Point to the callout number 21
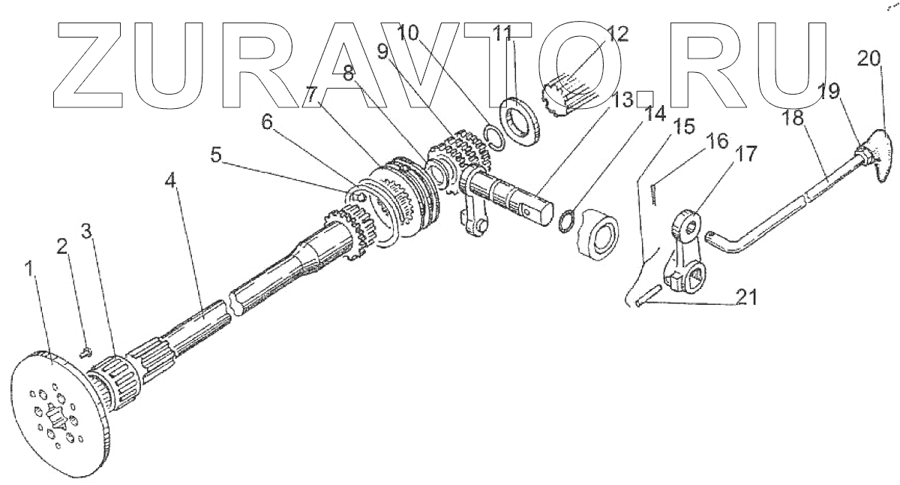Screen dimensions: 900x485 click(745, 298)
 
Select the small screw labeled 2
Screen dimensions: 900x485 click(85, 348)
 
